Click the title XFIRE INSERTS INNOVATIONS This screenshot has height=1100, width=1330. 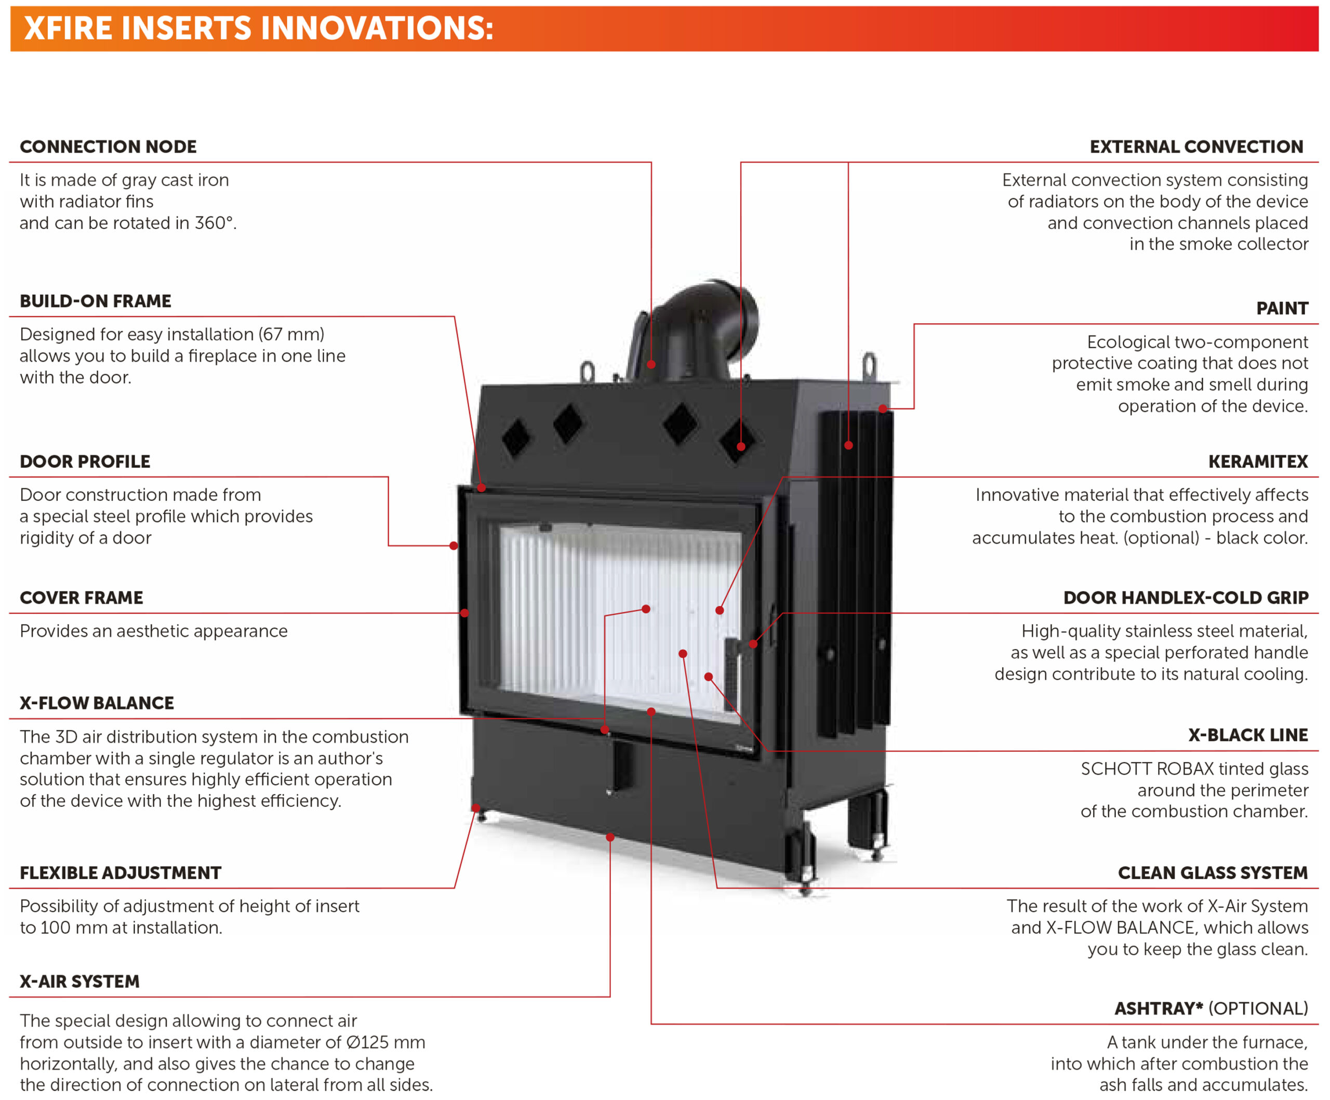pyautogui.click(x=258, y=29)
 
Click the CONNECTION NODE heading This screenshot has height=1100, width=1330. pyautogui.click(x=108, y=147)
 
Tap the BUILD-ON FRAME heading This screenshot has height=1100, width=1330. pyautogui.click(x=96, y=301)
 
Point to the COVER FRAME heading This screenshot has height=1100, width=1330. pyautogui.click(x=82, y=598)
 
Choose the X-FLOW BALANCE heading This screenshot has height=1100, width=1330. pyautogui.click(x=97, y=703)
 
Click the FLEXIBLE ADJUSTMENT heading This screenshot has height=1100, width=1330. pyautogui.click(x=121, y=873)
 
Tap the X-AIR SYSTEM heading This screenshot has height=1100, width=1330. pyautogui.click(x=80, y=982)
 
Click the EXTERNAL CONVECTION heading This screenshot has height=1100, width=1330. pyautogui.click(x=1196, y=147)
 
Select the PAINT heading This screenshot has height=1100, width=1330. pyautogui.click(x=1283, y=309)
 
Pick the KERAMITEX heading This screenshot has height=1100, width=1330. pyautogui.click(x=1258, y=461)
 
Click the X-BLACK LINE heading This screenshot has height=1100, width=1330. pyautogui.click(x=1248, y=735)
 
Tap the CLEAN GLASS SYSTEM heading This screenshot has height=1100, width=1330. pyautogui.click(x=1213, y=873)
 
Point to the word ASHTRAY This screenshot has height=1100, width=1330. pyautogui.click(x=1159, y=1009)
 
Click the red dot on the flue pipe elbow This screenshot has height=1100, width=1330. pyautogui.click(x=651, y=364)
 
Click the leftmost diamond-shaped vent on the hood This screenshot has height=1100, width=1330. pyautogui.click(x=516, y=438)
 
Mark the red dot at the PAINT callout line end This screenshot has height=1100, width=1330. pyautogui.click(x=883, y=408)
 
